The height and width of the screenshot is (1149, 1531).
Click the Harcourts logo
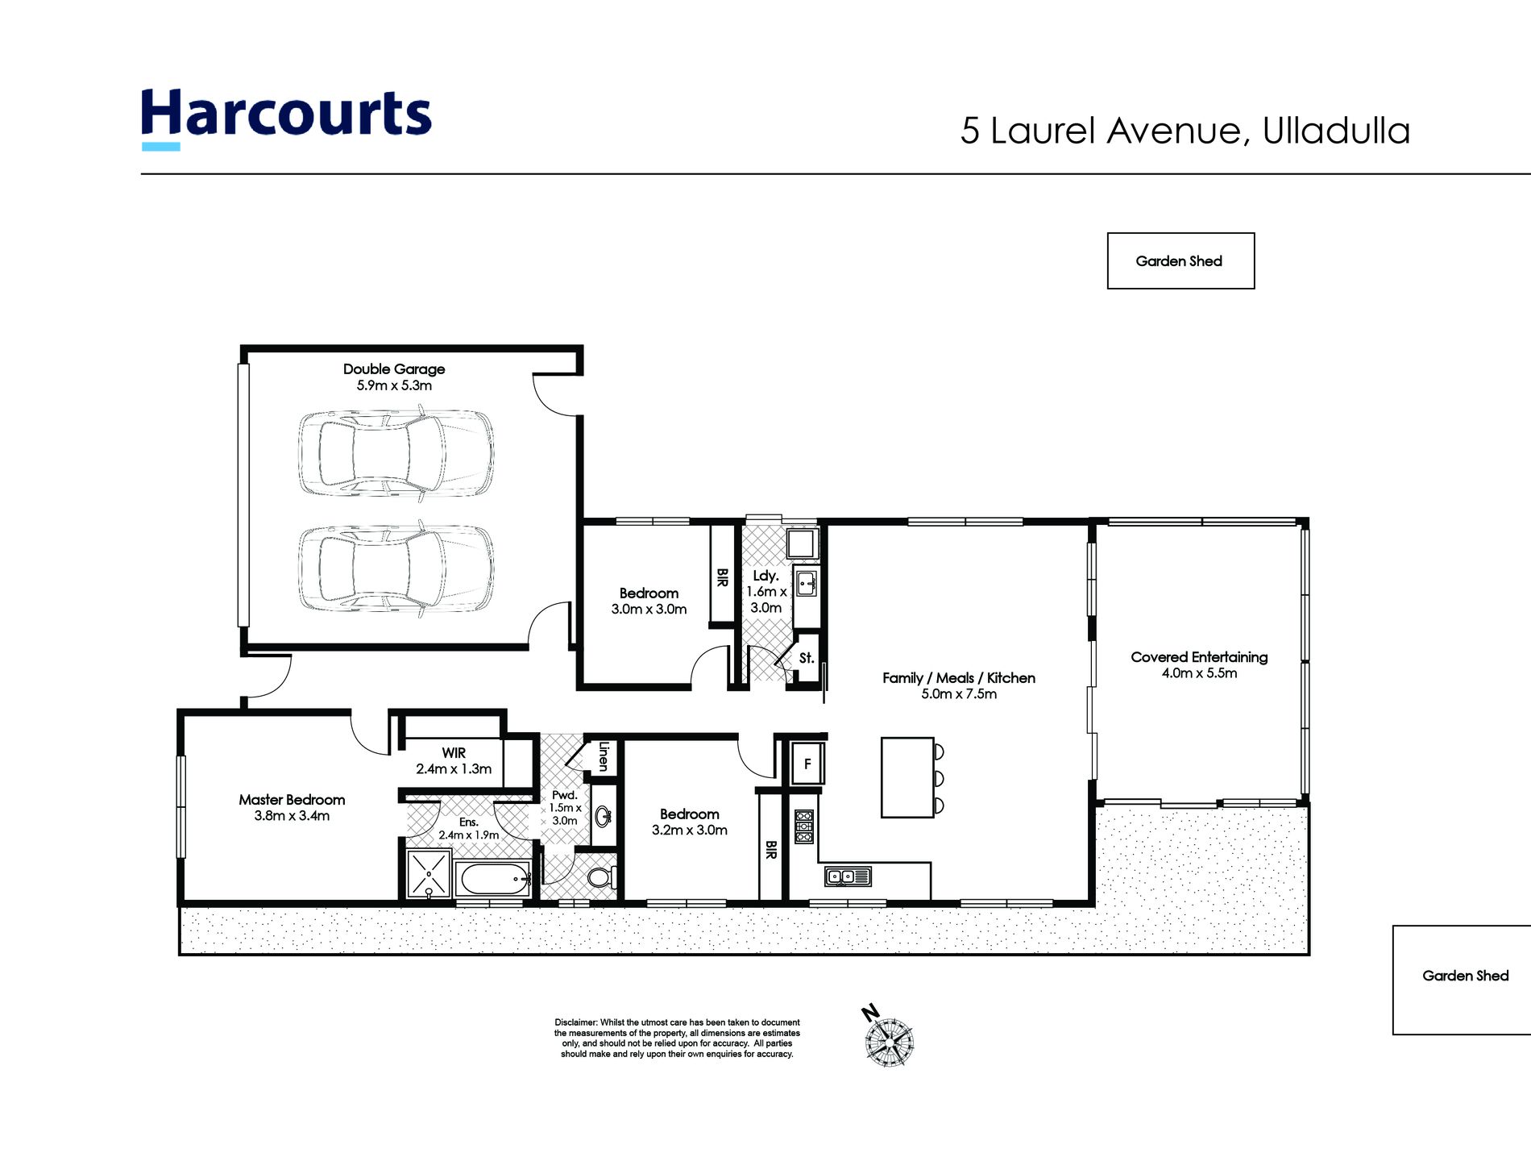click(x=286, y=118)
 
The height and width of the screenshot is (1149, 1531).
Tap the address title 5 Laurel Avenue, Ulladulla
click(x=1185, y=131)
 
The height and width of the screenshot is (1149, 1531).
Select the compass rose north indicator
click(x=887, y=1038)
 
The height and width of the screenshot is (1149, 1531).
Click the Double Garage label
click(x=394, y=377)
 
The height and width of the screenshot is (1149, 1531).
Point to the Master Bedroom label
click(x=292, y=807)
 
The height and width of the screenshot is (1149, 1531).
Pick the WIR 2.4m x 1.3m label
click(x=454, y=760)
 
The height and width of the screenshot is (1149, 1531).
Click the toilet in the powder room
click(x=600, y=876)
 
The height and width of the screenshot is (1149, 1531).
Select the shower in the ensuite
click(x=428, y=873)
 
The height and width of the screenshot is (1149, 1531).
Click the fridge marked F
click(x=807, y=763)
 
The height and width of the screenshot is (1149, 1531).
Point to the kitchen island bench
click(x=907, y=777)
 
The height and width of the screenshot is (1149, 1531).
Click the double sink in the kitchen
click(x=848, y=876)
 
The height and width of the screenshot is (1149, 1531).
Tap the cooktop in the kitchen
click(x=804, y=827)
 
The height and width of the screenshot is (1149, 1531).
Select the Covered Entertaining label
click(x=1199, y=664)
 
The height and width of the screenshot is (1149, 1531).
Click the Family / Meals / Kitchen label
click(x=959, y=685)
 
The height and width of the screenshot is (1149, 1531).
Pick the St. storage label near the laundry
click(x=807, y=658)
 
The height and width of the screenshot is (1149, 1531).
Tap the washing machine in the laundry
click(x=803, y=543)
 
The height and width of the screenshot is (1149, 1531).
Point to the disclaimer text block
click(x=677, y=1038)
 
